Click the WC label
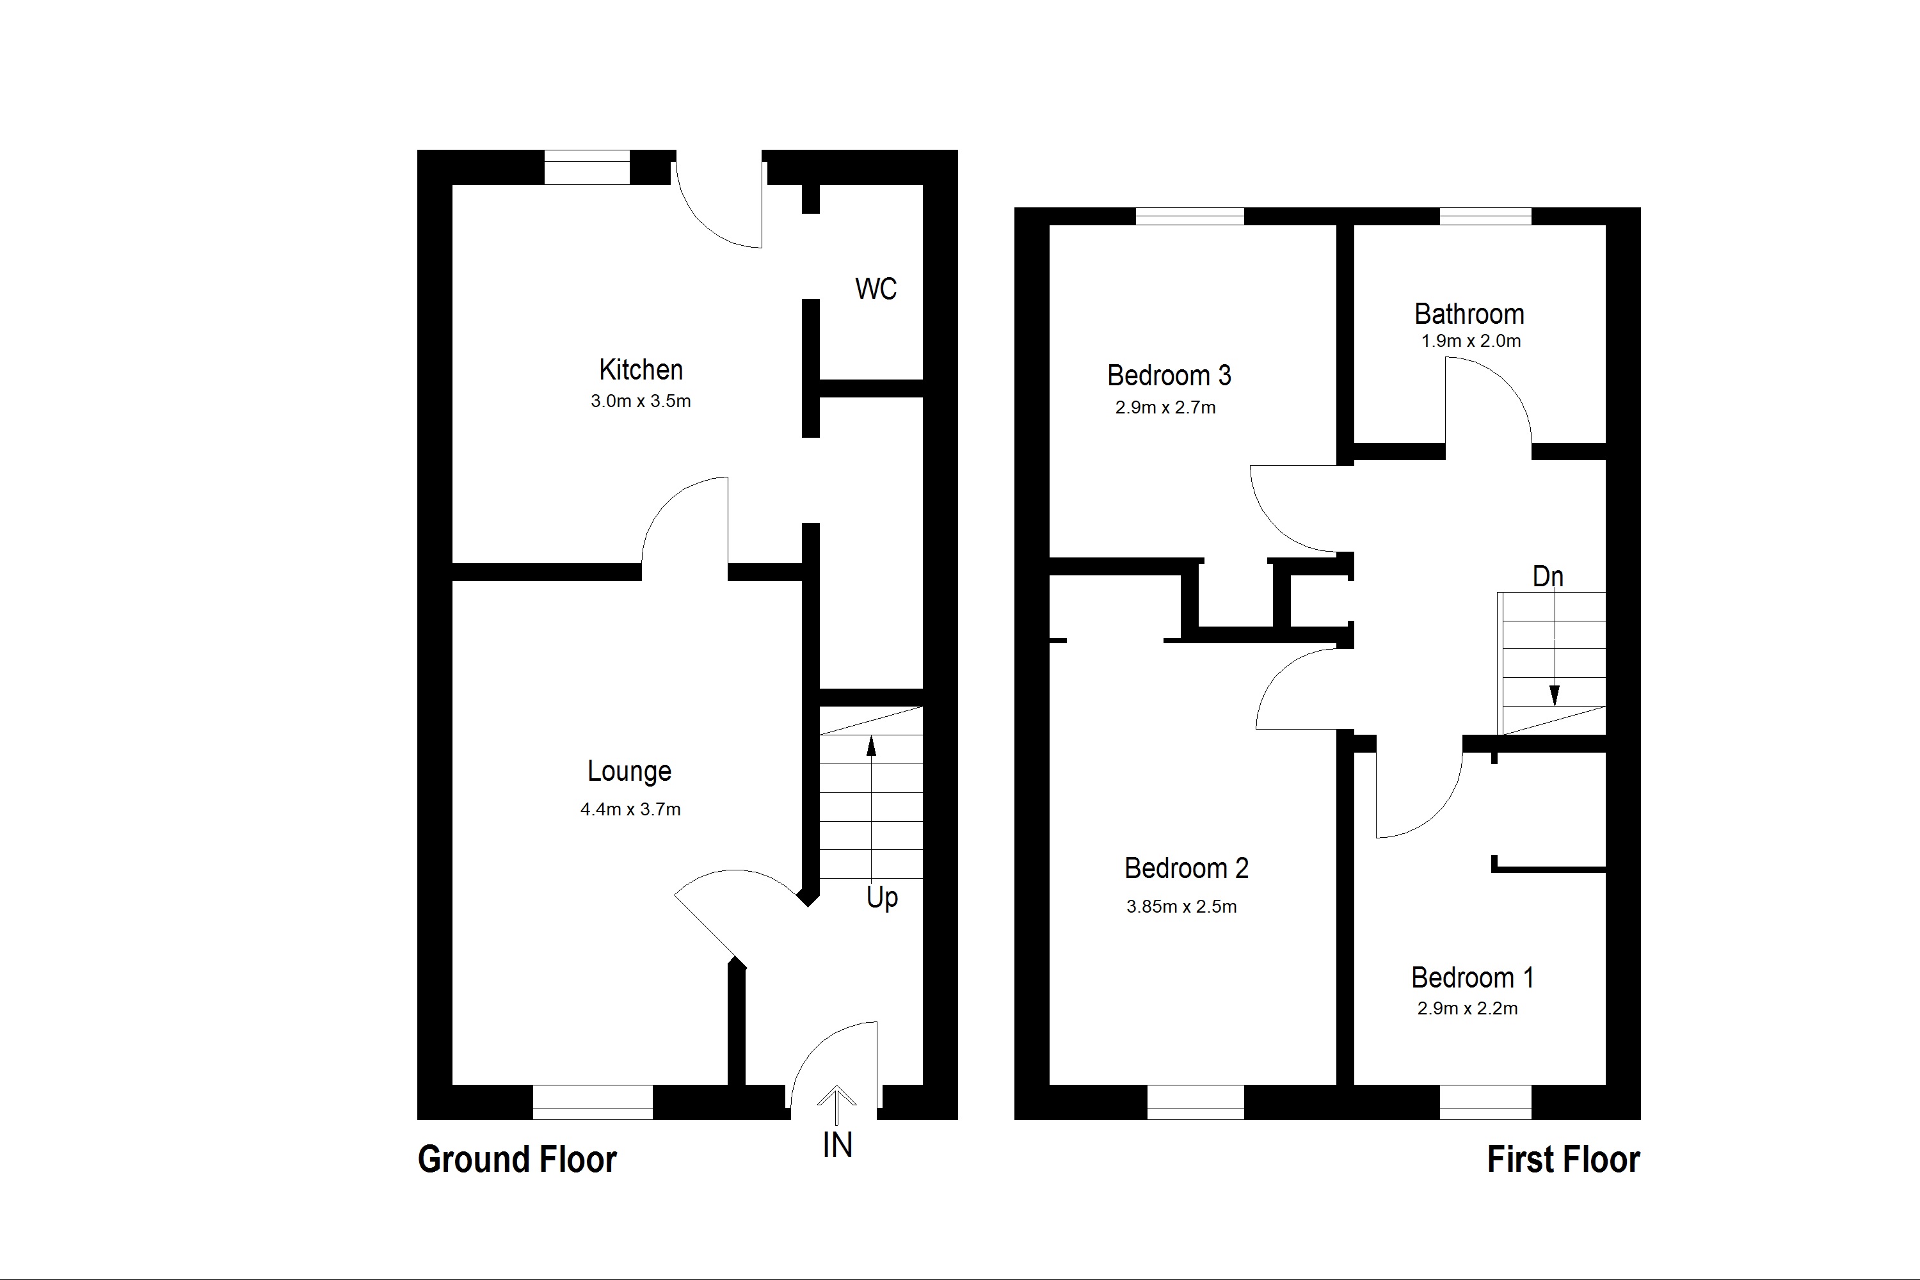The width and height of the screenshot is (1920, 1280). coord(876,289)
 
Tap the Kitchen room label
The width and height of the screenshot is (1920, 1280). coord(641,370)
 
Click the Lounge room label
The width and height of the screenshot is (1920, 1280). coord(629,771)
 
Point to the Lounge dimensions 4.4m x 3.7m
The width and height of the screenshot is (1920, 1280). coord(630,810)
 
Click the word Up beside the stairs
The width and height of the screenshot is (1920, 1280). coord(882,898)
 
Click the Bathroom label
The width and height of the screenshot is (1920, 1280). coord(1469,314)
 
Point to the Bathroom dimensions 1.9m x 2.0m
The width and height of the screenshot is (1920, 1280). coord(1471,341)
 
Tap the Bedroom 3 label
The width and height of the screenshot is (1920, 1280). coord(1169,376)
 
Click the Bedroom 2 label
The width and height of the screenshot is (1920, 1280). coord(1186,868)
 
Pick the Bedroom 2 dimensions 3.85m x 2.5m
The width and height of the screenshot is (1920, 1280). coord(1181,907)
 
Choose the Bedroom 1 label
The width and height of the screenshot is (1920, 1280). coord(1473,978)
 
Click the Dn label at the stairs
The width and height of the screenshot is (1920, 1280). coord(1548,577)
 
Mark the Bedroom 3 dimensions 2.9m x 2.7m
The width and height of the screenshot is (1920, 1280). coord(1165,407)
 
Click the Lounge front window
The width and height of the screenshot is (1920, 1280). coord(593,1102)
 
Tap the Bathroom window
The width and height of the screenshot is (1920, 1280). coord(1485,216)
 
